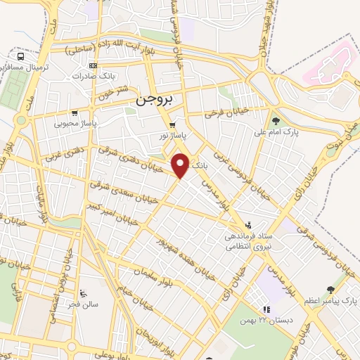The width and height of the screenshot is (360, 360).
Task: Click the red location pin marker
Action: [x=181, y=166]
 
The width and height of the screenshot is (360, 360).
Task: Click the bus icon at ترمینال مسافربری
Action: [x=22, y=56]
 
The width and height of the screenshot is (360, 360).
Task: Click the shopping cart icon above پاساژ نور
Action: [x=172, y=126]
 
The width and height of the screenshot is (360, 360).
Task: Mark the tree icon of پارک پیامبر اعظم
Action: [x=331, y=289]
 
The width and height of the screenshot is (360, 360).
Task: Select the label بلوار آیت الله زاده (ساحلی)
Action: [x=107, y=47]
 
